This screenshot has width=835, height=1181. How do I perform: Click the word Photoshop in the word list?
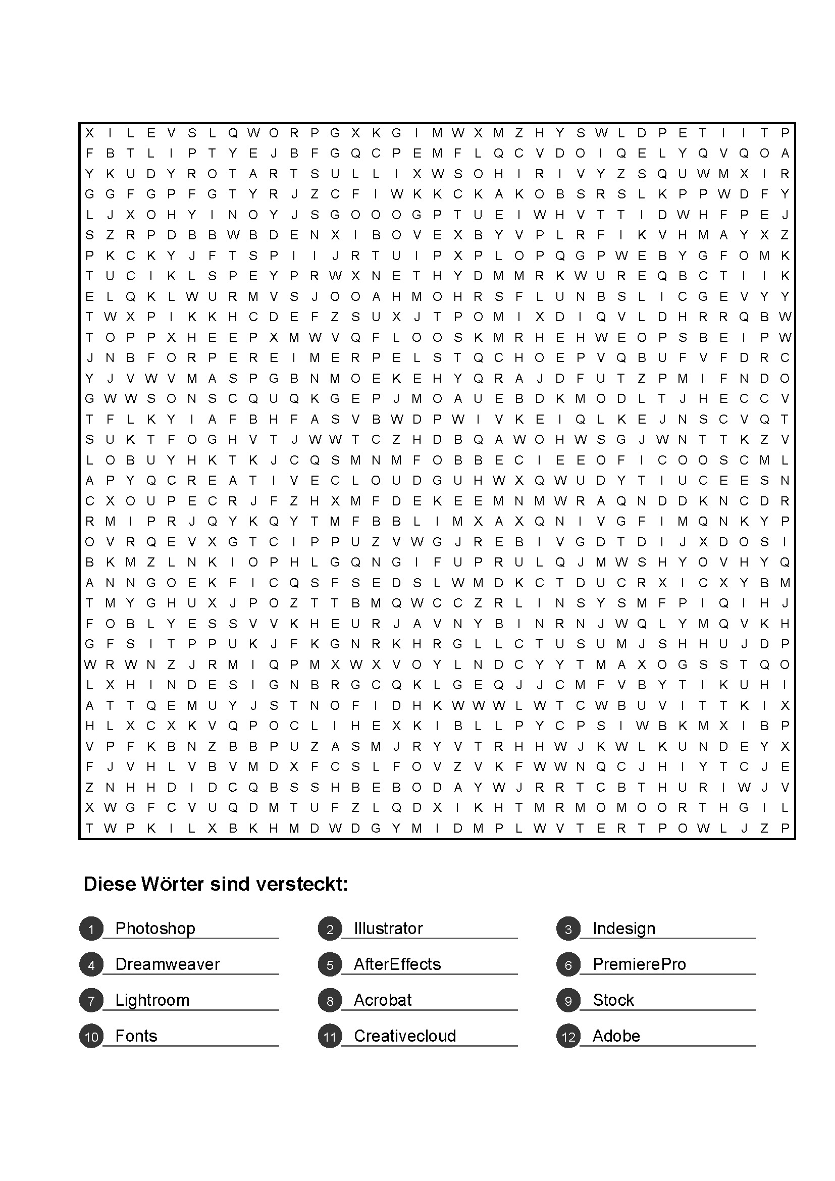click(x=155, y=929)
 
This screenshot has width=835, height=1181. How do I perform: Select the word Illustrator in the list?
click(x=388, y=929)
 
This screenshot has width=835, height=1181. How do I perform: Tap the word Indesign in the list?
click(x=623, y=929)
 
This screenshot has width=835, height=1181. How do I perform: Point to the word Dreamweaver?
click(x=167, y=964)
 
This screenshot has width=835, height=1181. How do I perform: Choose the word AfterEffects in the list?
click(x=397, y=964)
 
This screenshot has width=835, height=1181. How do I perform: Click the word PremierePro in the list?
click(x=639, y=964)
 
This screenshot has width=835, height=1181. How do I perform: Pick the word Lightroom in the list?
click(x=152, y=1000)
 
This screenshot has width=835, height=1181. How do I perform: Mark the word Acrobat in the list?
click(x=383, y=1000)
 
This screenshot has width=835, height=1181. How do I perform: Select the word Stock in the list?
click(x=613, y=1000)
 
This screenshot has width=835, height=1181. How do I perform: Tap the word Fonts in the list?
click(x=136, y=1036)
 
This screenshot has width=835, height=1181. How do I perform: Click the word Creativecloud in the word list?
click(x=405, y=1036)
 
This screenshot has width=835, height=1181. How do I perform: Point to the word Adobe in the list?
click(x=616, y=1036)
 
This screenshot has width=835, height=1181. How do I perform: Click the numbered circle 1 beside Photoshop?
click(x=91, y=929)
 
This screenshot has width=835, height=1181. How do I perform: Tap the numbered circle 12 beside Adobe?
click(x=568, y=1037)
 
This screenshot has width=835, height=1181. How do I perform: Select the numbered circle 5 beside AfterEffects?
click(x=330, y=965)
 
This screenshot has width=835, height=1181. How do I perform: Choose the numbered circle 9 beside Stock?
click(x=568, y=1000)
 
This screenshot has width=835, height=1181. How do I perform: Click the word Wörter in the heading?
click(x=172, y=884)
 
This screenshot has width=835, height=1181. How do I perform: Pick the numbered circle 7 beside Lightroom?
click(x=91, y=1000)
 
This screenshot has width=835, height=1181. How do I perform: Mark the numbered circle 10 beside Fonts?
click(x=91, y=1037)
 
